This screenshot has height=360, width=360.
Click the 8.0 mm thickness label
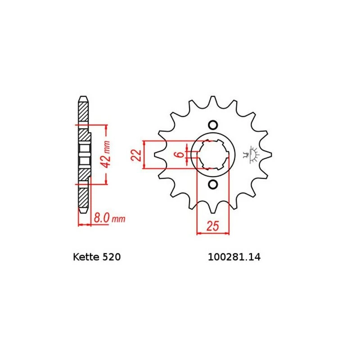tap(108, 219)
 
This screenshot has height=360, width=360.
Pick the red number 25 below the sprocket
tap(213, 227)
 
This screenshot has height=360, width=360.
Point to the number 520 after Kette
tap(110, 258)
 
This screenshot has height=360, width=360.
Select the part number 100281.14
tap(234, 258)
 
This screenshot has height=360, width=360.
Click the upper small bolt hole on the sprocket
tap(213, 125)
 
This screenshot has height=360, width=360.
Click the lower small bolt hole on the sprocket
tap(213, 184)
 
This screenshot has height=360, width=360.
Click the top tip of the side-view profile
tap(83, 98)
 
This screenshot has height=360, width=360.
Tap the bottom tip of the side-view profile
tap(83, 211)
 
